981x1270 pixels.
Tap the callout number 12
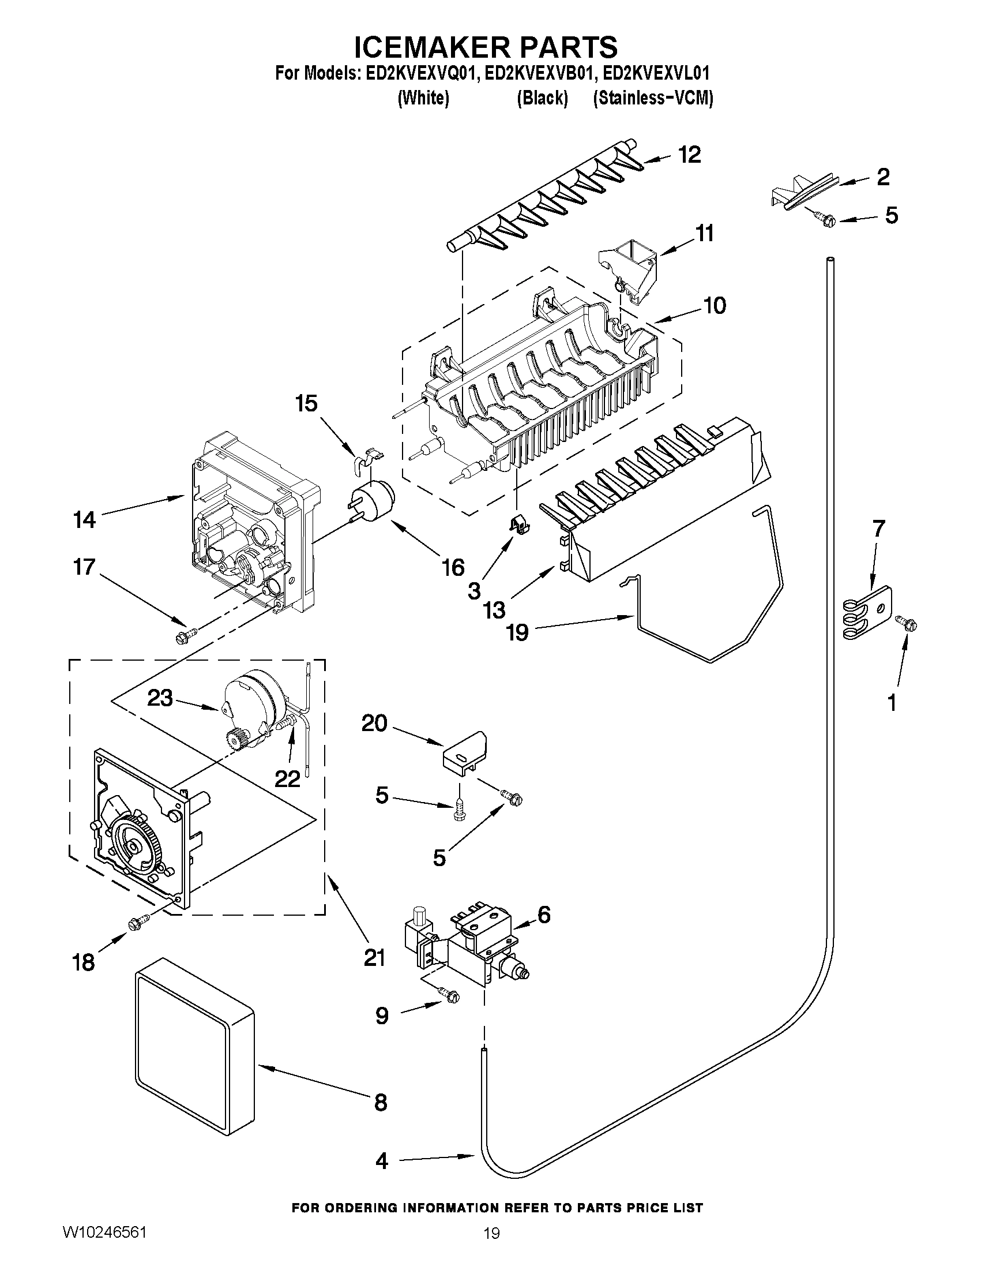click(689, 155)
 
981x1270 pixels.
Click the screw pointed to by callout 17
click(185, 636)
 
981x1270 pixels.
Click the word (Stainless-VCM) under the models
click(653, 98)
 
